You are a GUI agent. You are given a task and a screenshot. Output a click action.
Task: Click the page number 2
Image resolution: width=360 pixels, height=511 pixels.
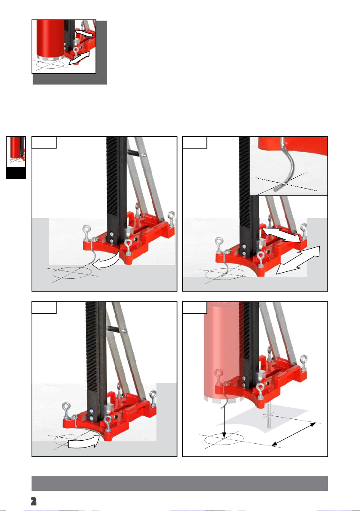click(x=33, y=501)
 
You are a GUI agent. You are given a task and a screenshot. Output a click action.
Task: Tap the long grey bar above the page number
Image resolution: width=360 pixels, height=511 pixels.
click(x=180, y=483)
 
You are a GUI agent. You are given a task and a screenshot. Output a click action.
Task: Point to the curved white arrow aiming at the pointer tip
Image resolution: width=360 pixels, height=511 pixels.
click(x=107, y=262)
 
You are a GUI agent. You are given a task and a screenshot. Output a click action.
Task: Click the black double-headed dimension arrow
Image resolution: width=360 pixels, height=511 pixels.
click(x=294, y=434)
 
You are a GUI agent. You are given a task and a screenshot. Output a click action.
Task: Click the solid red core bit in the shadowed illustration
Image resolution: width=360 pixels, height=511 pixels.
click(x=51, y=39)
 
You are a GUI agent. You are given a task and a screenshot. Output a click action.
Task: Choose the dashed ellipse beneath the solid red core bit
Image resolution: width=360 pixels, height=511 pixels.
click(x=51, y=65)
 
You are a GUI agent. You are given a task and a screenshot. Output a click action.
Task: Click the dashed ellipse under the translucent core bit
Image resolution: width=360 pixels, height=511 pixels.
click(x=224, y=439)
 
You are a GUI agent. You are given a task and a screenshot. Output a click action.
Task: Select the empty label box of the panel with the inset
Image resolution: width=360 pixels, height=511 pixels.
click(x=195, y=142)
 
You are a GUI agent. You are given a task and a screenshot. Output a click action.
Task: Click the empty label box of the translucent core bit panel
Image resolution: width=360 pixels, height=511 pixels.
click(x=195, y=307)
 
